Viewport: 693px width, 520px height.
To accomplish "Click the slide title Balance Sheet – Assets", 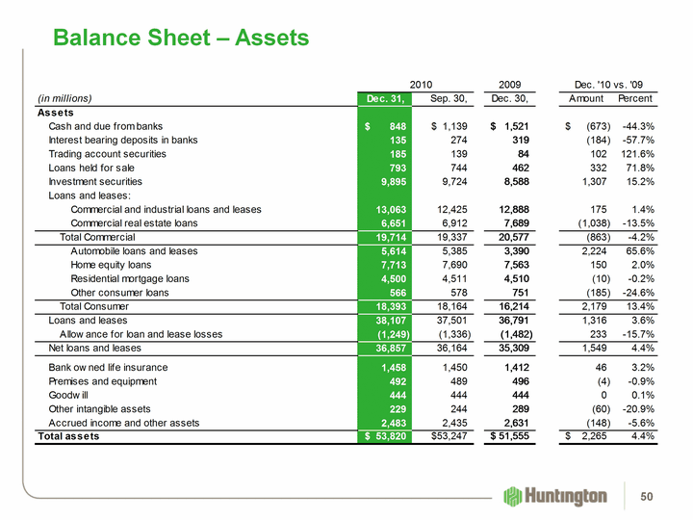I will click(x=181, y=38).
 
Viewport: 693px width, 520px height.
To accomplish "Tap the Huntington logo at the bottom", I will click(x=555, y=496).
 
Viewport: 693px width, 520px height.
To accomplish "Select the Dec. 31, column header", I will click(x=384, y=98).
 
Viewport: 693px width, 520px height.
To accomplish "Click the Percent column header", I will click(x=635, y=98).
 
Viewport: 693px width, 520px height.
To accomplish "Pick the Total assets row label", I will click(x=68, y=436).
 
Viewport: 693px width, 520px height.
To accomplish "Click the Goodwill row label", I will click(x=68, y=395).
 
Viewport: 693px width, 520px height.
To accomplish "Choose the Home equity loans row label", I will click(x=111, y=264).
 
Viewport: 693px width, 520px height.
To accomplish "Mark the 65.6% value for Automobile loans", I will click(x=638, y=250).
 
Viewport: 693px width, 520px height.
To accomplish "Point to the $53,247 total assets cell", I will click(x=444, y=436).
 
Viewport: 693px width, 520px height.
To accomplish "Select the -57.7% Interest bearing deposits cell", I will click(x=636, y=140).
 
